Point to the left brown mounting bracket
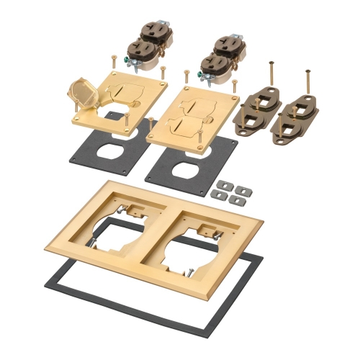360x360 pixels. point(258,107)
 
